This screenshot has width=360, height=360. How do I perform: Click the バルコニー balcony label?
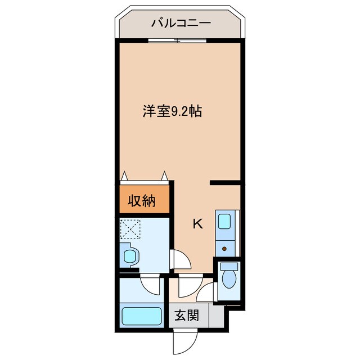pyautogui.click(x=181, y=23)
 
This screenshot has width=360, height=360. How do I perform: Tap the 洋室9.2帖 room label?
pyautogui.click(x=172, y=111)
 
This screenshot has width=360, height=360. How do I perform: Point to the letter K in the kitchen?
pyautogui.click(x=197, y=224)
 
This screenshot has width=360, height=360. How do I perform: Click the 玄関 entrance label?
pyautogui.click(x=185, y=316)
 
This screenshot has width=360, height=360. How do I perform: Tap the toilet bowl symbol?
pyautogui.click(x=229, y=278)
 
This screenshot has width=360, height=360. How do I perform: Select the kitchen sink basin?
pyautogui.click(x=224, y=221)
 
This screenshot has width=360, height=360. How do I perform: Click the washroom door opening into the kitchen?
pyautogui.click(x=179, y=260)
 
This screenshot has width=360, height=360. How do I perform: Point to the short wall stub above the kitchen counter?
pyautogui.click(x=226, y=182)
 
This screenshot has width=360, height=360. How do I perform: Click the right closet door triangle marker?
pyautogui.click(x=165, y=175)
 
